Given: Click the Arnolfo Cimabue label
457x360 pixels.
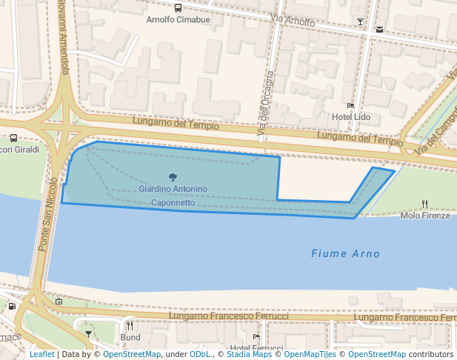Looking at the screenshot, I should click(x=178, y=20).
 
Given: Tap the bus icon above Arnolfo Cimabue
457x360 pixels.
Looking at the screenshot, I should click(x=178, y=8).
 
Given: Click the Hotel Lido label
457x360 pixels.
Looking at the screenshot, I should click(x=350, y=117).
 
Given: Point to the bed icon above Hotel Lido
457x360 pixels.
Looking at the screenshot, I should click(x=350, y=106).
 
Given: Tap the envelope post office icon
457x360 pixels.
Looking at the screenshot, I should click(x=380, y=30).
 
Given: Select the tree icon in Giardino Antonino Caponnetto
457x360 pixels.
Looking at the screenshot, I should click(x=173, y=177).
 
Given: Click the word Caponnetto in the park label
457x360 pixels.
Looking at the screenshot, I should click(x=173, y=202).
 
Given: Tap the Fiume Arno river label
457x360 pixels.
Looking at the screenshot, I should click(x=345, y=254).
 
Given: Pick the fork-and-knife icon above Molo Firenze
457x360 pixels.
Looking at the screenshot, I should click(x=424, y=204).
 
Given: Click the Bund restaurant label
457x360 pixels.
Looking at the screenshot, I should click(x=130, y=337).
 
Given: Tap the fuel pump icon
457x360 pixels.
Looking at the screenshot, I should click(x=12, y=306).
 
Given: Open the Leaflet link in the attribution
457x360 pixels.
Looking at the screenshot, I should click(x=41, y=354).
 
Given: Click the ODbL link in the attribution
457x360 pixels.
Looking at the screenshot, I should click(x=200, y=354).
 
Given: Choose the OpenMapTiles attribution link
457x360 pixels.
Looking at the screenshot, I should click(x=310, y=354).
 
